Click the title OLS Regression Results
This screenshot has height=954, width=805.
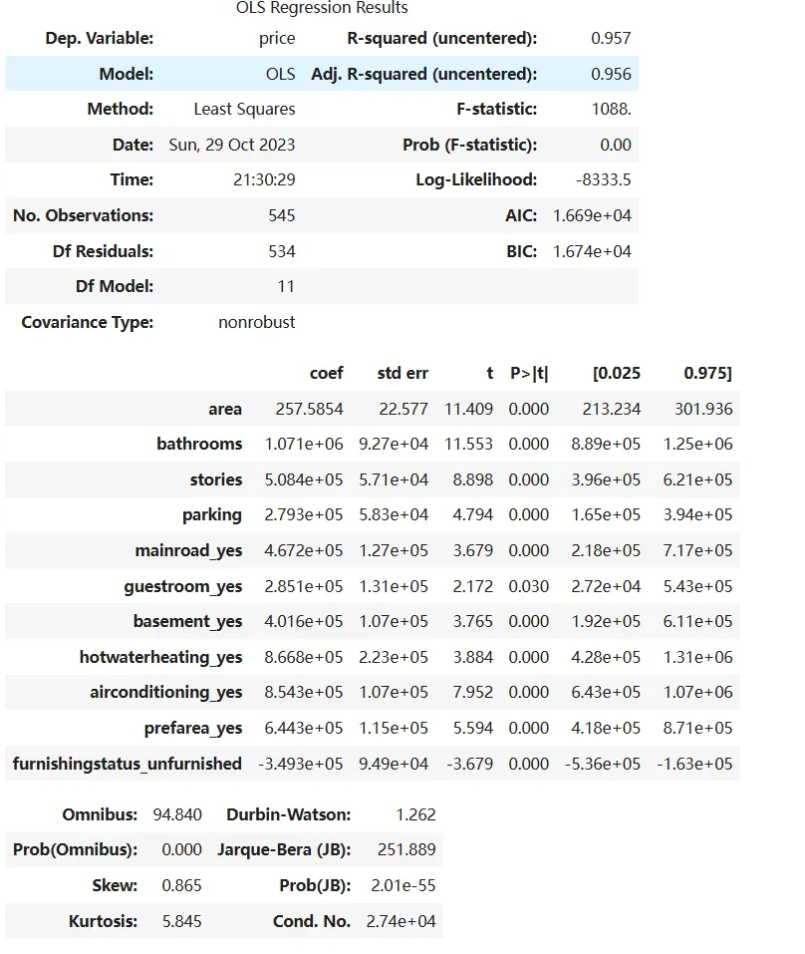322,8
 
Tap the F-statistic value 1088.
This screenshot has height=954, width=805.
610,110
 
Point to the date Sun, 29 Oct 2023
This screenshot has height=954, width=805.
232,145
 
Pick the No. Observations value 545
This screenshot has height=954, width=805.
281,215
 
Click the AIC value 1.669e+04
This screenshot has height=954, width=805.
592,215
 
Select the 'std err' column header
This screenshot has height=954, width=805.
402,373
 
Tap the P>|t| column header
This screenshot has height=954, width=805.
529,373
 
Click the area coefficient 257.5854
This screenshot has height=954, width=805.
309,409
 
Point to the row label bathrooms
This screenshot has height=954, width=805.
199,444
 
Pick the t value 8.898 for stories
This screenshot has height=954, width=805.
472,479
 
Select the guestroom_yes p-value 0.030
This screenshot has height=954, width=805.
528,586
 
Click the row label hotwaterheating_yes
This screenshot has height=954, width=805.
161,657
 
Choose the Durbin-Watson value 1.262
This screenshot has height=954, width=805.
415,814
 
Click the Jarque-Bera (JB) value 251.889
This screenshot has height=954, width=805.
406,850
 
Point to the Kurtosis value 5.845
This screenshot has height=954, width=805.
181,921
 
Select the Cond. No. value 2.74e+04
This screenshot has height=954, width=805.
402,921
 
